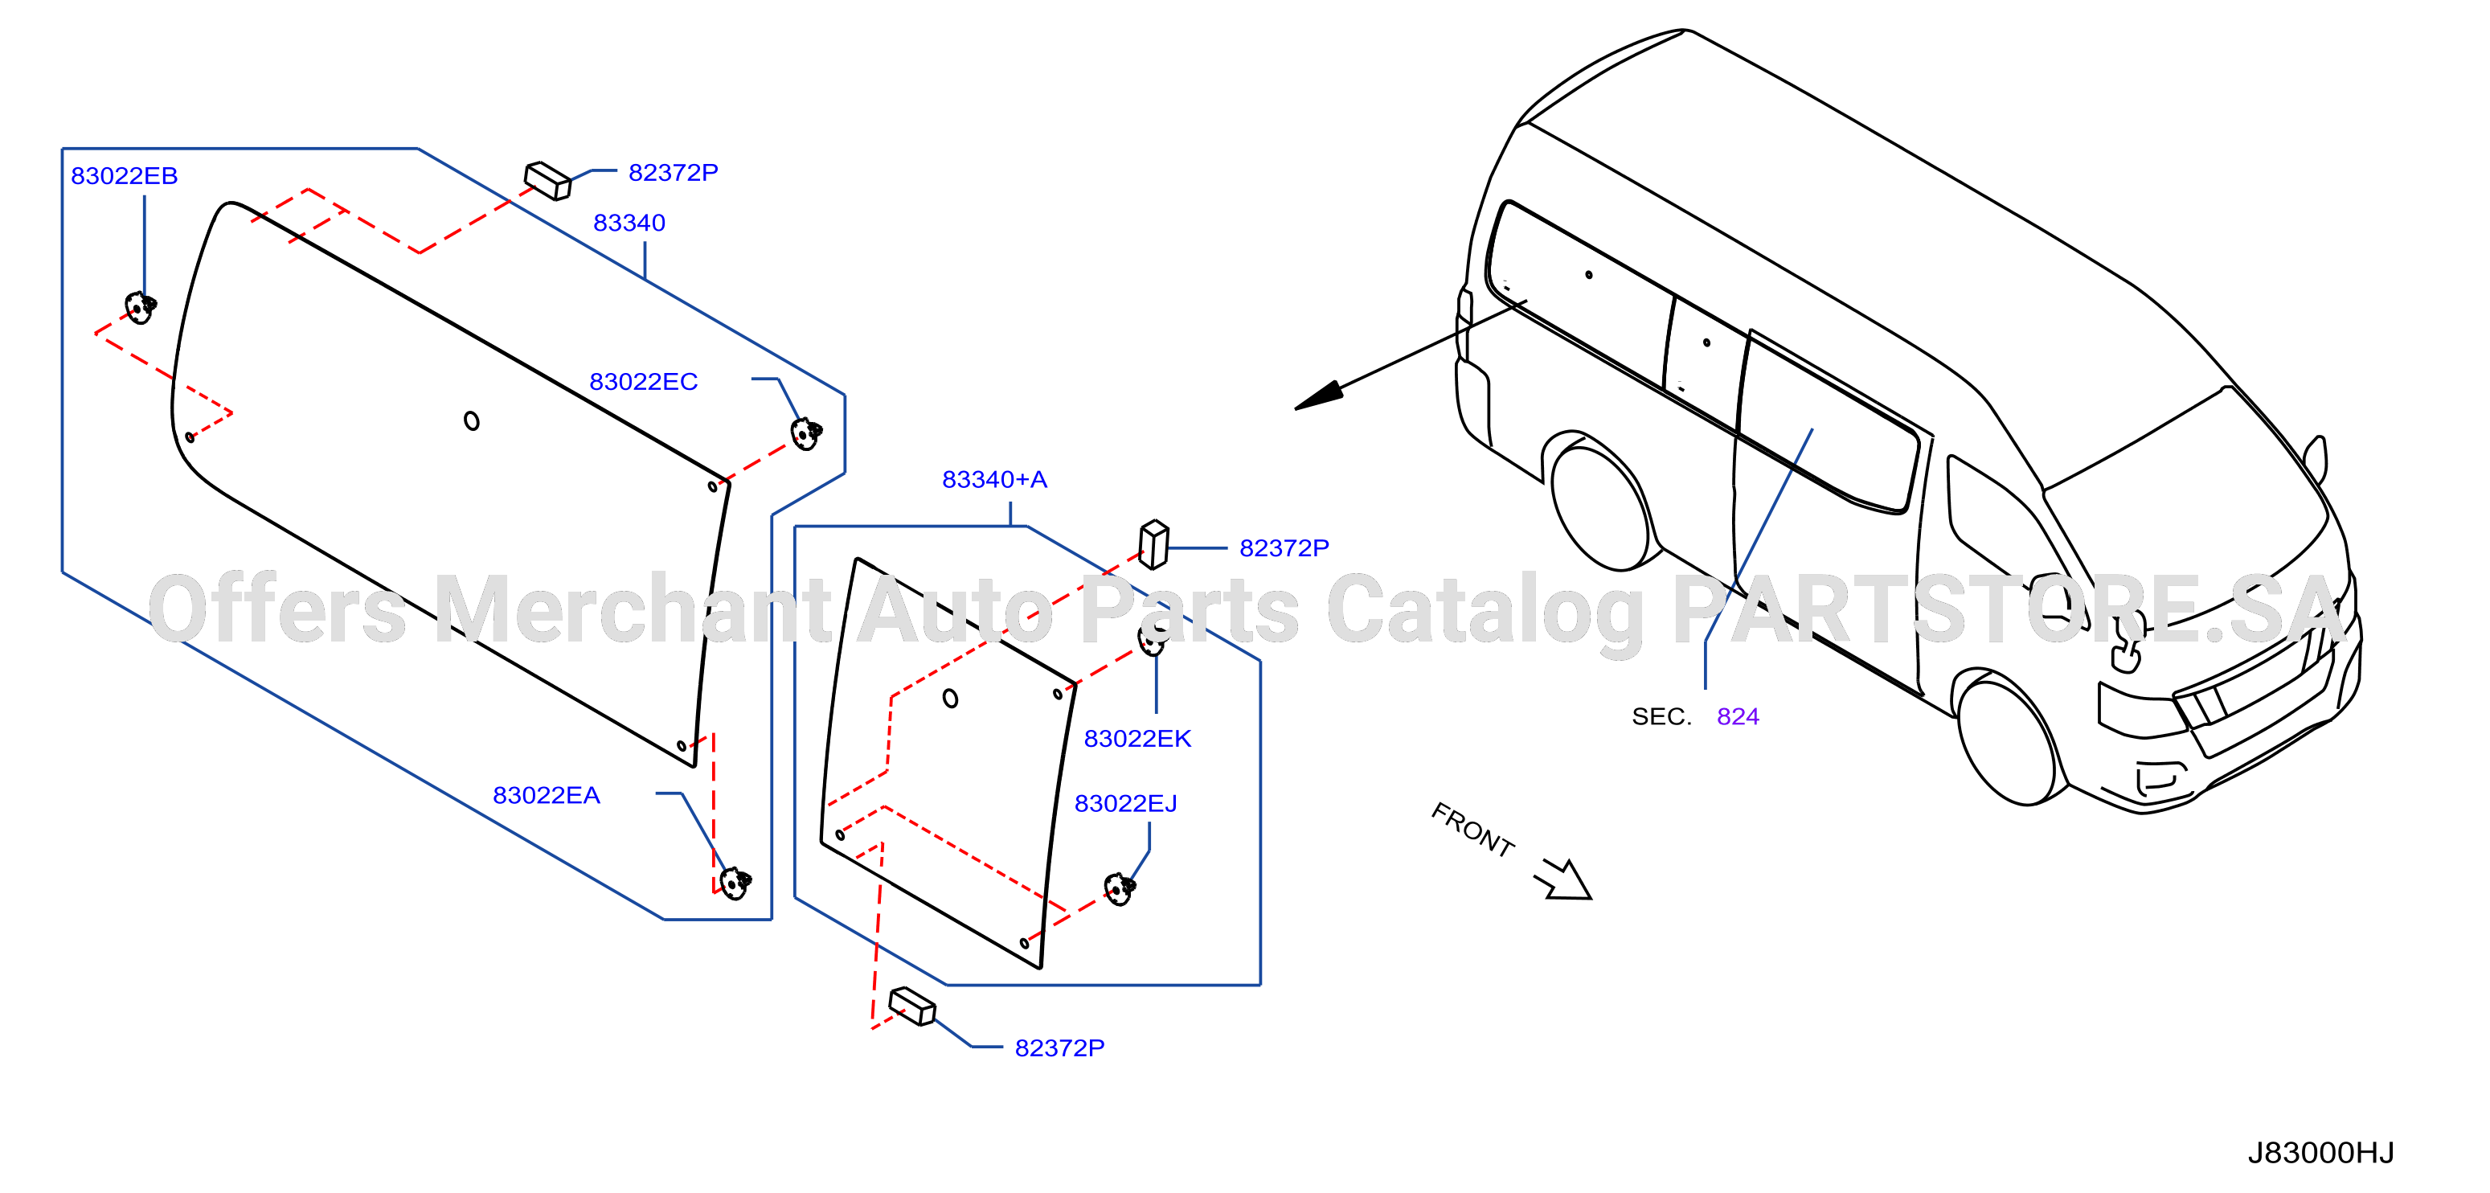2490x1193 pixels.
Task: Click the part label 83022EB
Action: (x=124, y=176)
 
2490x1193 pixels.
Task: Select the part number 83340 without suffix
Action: (x=629, y=223)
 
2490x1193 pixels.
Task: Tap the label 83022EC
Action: (x=644, y=382)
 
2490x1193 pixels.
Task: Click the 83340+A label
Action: (x=995, y=479)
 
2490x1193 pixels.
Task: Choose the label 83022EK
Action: (x=1138, y=739)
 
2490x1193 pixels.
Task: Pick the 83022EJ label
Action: (x=1126, y=803)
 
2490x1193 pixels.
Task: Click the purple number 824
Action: (x=1738, y=716)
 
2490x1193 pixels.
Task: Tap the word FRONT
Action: (x=1472, y=830)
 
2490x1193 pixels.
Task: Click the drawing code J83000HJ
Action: (x=2321, y=1152)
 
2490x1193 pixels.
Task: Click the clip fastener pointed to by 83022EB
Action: (x=141, y=307)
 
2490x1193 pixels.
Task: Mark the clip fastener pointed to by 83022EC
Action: (x=806, y=434)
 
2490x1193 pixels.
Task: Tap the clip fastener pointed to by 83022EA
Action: (x=735, y=883)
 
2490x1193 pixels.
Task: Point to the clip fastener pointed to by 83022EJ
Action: (x=1120, y=888)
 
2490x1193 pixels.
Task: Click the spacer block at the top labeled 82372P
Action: (x=548, y=181)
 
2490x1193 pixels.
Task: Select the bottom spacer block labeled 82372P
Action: (x=912, y=1006)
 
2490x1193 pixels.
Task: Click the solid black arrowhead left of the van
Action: (x=1320, y=396)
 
